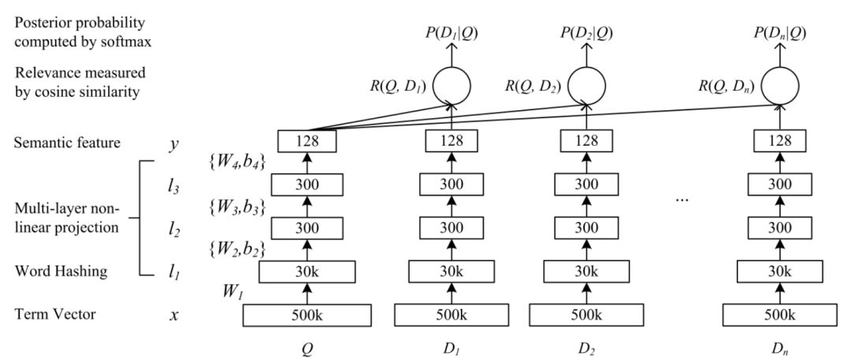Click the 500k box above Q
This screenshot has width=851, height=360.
coord(307,314)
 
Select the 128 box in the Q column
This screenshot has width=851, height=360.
coord(307,142)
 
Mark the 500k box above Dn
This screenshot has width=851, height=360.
coord(777,314)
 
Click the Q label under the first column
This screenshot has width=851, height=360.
coord(307,347)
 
